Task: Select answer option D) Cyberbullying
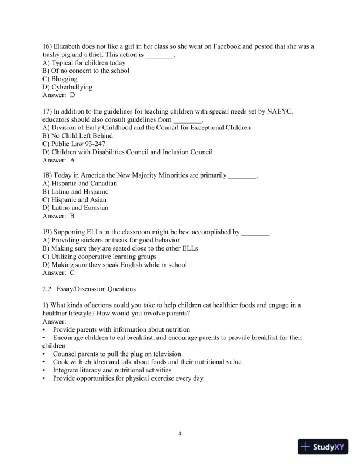click(x=68, y=87)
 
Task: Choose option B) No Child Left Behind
click(x=78, y=135)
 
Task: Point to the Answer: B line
click(x=59, y=216)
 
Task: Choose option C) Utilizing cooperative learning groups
click(x=100, y=257)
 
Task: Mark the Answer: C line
click(x=59, y=272)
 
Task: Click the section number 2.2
click(x=48, y=289)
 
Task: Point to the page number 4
click(x=180, y=434)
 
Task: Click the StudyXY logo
click(x=324, y=447)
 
